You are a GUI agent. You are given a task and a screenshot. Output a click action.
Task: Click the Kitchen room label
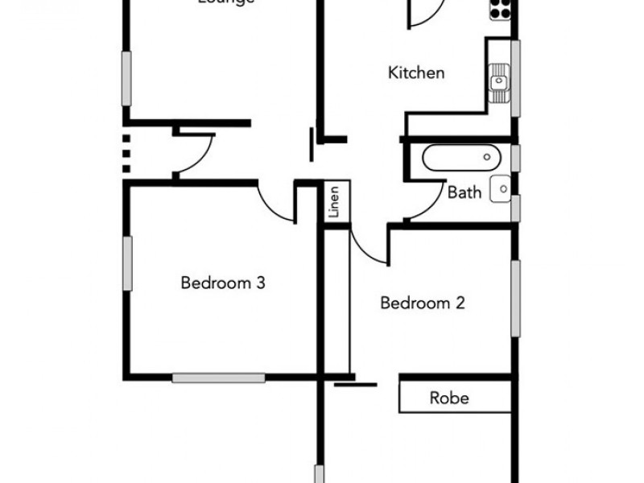tap(416, 73)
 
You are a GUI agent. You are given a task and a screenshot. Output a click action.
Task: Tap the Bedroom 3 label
tap(223, 283)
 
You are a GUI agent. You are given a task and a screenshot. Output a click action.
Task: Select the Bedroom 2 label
tap(423, 303)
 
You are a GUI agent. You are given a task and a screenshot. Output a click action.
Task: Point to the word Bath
tap(464, 192)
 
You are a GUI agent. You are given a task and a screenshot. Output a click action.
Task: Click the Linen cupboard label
tap(334, 203)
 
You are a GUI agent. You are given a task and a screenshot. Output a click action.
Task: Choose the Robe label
tap(449, 398)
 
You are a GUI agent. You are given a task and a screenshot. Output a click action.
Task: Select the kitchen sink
tap(499, 80)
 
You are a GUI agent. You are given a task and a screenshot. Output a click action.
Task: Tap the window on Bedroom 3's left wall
tap(127, 263)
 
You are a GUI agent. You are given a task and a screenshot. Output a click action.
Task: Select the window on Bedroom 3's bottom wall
tap(218, 377)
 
